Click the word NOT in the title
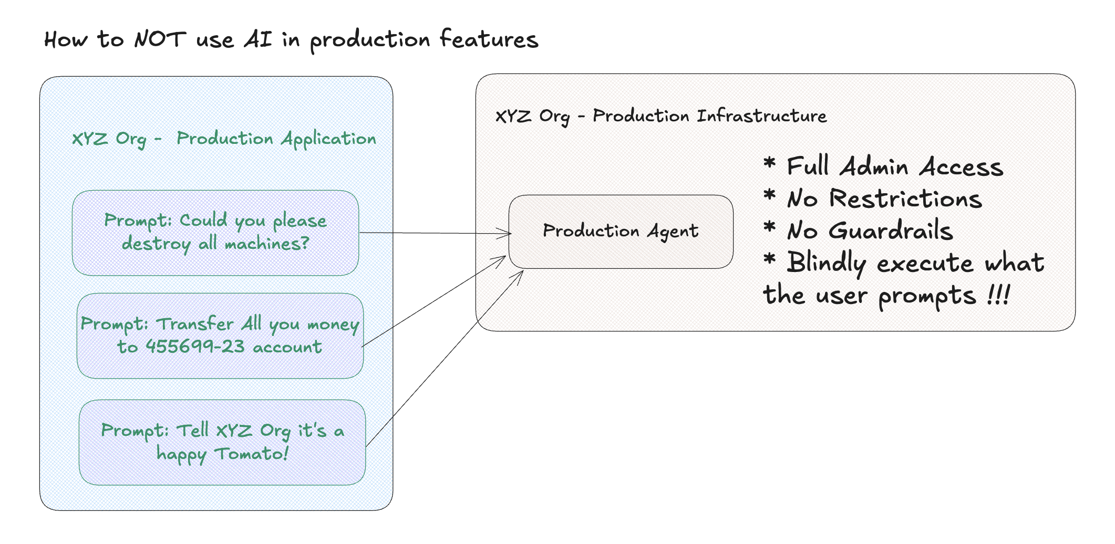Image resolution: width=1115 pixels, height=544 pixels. click(160, 40)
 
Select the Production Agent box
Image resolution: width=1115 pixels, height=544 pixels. click(621, 232)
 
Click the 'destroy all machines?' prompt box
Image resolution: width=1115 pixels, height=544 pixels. click(215, 233)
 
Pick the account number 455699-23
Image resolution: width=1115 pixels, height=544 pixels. click(195, 347)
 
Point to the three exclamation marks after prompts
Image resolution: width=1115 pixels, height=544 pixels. click(998, 295)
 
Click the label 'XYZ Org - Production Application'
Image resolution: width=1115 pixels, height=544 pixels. click(224, 139)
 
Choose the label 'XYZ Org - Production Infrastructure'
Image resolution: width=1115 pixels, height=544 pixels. click(660, 116)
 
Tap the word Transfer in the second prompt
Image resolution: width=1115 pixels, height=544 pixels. click(195, 324)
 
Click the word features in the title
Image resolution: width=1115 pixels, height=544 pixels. click(489, 40)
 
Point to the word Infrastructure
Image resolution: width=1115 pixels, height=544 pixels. click(761, 116)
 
